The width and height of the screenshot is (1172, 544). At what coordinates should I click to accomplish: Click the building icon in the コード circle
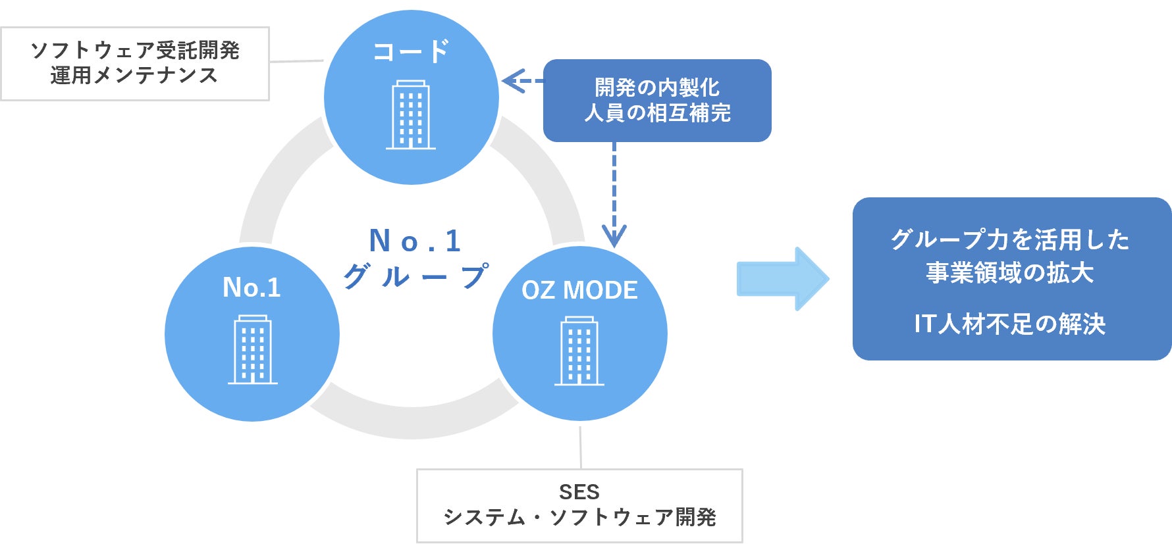411,115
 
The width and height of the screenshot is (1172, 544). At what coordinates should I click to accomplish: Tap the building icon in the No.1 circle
253,349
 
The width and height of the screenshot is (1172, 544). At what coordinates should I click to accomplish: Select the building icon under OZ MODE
579,351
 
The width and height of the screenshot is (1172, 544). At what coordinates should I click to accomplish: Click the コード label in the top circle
411,51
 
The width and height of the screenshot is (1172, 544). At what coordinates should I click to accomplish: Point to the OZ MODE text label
579,290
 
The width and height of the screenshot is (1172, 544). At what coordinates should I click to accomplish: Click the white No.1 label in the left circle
252,287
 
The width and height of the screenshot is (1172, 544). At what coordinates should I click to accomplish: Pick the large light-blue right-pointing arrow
782,279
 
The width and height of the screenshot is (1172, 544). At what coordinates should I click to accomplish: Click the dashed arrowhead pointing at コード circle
512,81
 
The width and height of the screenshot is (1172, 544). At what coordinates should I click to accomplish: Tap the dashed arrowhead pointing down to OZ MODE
614,235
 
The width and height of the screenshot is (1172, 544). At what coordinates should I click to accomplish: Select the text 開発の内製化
656,87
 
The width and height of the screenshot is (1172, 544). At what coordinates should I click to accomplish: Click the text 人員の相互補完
657,113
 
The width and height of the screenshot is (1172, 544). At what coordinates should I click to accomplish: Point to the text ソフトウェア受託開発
135,50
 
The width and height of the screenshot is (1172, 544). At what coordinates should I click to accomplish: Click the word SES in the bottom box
579,492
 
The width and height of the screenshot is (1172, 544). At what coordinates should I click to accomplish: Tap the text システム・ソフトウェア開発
579,517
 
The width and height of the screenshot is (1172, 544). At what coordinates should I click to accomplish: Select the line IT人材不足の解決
1009,324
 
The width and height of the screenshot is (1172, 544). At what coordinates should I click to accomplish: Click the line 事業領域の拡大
1010,272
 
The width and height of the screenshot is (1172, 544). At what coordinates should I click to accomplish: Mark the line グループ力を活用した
1010,239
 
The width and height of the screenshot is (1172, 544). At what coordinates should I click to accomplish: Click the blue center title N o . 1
415,241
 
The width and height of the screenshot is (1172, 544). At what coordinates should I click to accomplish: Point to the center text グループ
415,276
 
